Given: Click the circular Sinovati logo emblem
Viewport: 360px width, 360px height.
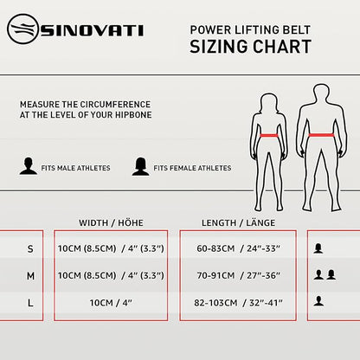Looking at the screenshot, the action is tap(22, 29).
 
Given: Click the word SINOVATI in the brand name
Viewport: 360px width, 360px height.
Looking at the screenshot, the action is tap(92, 30).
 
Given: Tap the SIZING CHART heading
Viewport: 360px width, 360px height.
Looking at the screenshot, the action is tap(250, 47).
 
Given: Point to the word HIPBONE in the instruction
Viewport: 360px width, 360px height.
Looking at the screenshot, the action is tap(133, 115).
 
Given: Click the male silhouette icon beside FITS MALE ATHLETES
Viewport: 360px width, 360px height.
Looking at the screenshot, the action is tap(29, 166).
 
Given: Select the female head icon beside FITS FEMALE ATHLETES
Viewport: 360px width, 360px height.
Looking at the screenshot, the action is tap(140, 166).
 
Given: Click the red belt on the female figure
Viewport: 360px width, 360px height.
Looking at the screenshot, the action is tap(269, 135).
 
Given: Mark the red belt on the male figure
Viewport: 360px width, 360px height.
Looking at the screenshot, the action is tap(321, 135).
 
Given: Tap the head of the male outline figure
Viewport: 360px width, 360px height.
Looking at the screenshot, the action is tap(321, 93).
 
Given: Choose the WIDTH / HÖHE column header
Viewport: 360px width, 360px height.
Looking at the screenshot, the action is tap(111, 223).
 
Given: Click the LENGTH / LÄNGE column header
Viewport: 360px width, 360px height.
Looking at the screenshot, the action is tap(238, 223).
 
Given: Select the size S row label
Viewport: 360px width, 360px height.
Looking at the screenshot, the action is tap(30, 248).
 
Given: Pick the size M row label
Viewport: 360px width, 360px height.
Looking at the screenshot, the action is tap(30, 276).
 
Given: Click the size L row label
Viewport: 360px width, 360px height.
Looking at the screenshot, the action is tap(30, 303).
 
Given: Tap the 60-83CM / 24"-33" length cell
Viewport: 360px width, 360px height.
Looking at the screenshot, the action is tap(238, 248).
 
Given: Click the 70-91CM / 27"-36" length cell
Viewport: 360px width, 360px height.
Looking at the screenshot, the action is tap(238, 275).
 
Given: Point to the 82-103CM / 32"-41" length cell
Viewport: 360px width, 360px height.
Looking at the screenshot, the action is tap(238, 303).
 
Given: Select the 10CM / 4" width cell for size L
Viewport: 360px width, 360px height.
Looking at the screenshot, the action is tap(111, 303).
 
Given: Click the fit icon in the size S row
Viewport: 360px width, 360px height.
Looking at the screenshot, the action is tap(318, 248).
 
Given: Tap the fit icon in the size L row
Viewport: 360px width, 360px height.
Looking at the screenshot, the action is tap(318, 301).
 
